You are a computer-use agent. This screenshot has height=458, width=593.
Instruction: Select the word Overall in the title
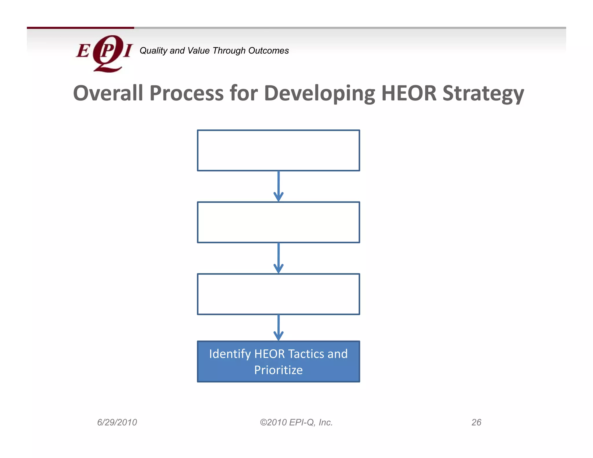(108, 93)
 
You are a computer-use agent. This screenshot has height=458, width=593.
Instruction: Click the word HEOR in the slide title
(409, 93)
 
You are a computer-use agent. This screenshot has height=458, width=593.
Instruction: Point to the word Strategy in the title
(483, 94)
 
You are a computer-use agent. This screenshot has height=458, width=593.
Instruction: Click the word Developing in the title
(319, 94)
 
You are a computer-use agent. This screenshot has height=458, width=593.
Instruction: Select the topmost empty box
(278, 150)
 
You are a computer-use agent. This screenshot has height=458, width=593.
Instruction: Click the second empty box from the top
(278, 222)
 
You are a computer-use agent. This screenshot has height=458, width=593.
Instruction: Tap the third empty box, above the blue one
(278, 294)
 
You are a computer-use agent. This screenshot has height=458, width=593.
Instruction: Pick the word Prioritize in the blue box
(278, 370)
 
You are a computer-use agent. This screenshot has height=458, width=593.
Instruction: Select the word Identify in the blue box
(230, 354)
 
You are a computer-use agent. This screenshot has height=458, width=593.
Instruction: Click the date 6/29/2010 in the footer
(117, 422)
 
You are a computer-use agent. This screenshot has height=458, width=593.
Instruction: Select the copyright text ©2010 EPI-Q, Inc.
(296, 422)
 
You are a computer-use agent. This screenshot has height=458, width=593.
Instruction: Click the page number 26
(476, 422)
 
